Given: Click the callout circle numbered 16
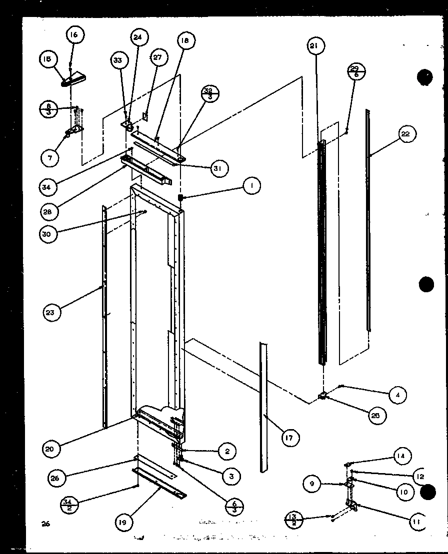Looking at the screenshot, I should (x=74, y=35).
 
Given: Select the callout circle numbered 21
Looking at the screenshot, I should (x=313, y=46).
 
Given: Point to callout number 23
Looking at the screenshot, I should (x=52, y=313).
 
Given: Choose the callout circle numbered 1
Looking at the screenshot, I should (x=252, y=187).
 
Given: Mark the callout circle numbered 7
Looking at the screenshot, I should (x=50, y=158).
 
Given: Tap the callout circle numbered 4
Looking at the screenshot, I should (x=397, y=395).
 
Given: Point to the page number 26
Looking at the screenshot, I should (x=46, y=524).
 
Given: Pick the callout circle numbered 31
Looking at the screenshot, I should (x=217, y=168).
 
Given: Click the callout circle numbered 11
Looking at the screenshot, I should (x=416, y=522).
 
